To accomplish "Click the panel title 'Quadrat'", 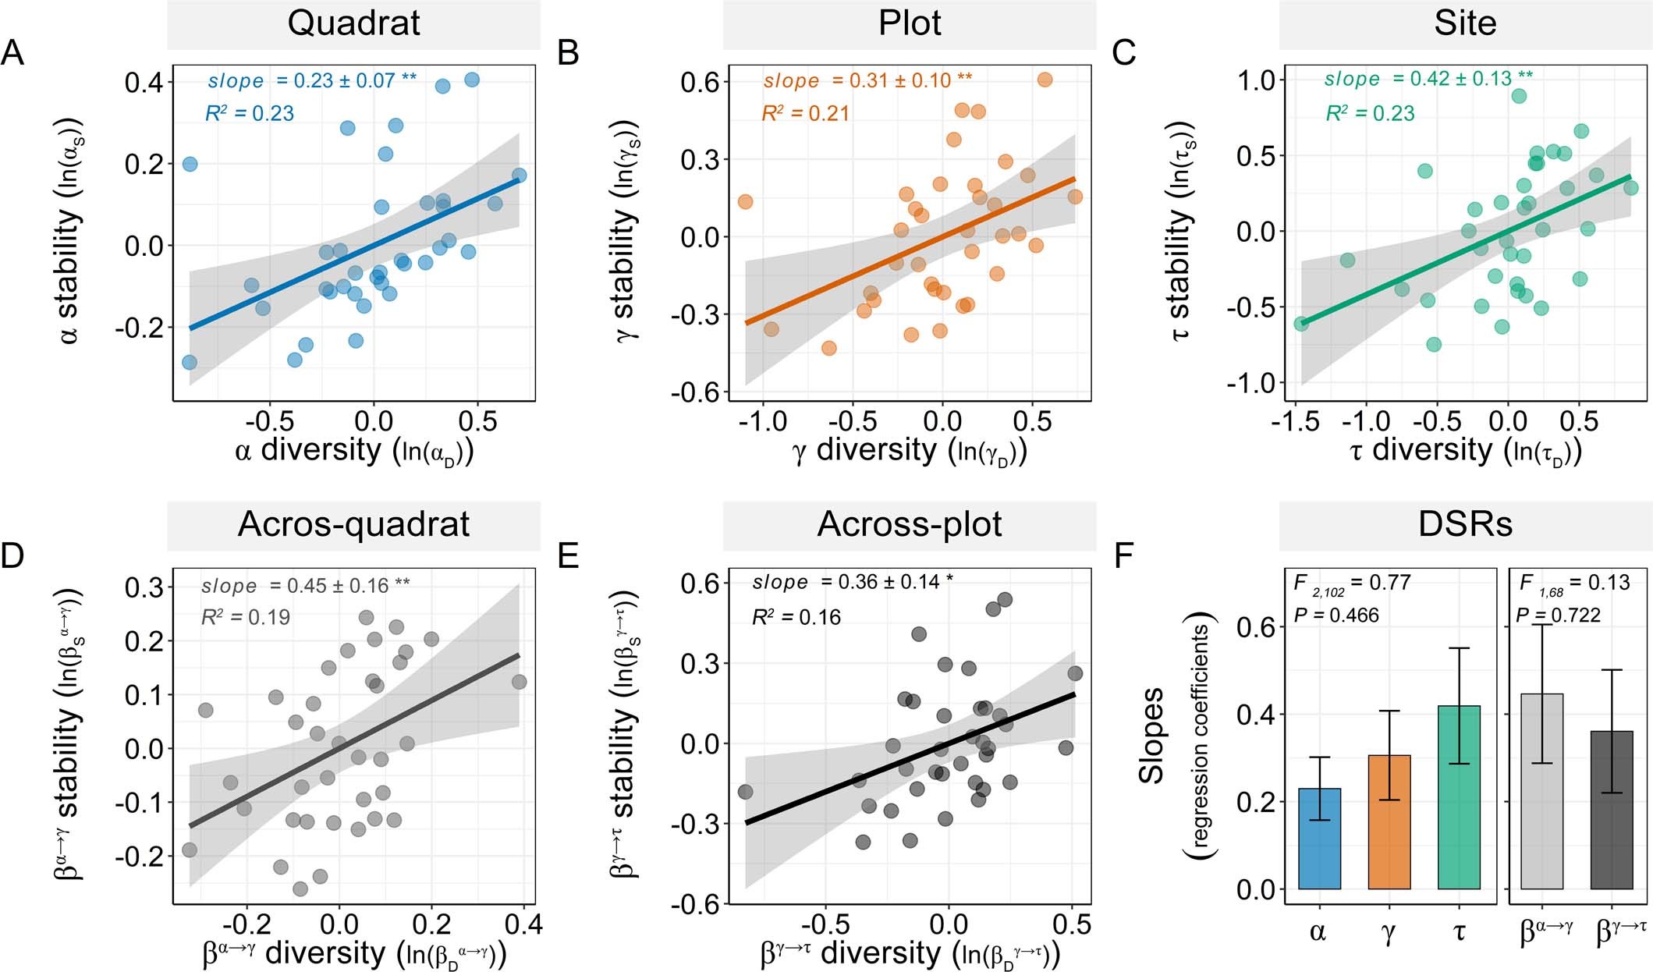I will [353, 23].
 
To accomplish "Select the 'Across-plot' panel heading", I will [909, 524].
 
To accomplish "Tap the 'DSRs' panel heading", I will [1464, 524].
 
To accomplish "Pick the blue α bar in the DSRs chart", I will [1319, 839].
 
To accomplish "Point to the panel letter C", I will [1124, 54].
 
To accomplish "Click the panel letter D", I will [13, 556].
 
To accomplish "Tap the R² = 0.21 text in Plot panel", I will [805, 114].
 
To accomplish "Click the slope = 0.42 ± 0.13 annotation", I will [1428, 80].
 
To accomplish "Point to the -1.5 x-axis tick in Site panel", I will [1295, 422].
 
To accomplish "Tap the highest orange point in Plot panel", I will [1045, 80].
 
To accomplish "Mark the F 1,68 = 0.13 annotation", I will [1574, 583].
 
